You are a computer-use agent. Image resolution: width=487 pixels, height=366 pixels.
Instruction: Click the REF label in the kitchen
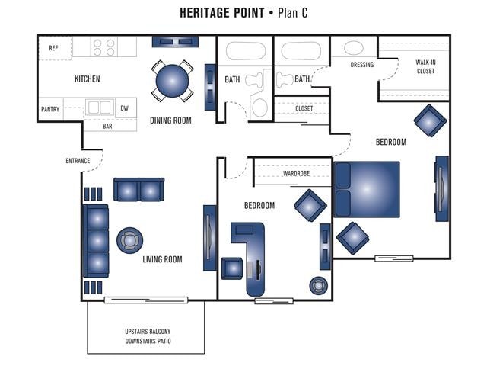53,48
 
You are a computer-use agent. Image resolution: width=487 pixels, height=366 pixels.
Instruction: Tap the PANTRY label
50,109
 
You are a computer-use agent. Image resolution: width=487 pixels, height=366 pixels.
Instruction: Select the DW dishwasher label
124,108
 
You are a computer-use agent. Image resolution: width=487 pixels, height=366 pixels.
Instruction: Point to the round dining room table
172,79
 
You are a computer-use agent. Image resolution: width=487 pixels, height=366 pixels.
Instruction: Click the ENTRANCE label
78,160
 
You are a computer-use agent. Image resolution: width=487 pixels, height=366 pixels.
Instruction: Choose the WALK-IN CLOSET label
425,67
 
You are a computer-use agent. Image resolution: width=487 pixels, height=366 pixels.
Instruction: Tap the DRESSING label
362,65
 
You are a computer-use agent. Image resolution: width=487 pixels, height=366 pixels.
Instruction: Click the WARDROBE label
296,173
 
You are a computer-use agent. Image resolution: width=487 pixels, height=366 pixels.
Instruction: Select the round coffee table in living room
129,241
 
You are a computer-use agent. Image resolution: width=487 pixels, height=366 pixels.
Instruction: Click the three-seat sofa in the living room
96,241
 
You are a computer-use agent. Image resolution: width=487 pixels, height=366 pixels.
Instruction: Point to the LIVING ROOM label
163,259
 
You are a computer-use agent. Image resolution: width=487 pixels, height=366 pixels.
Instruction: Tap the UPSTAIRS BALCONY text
148,331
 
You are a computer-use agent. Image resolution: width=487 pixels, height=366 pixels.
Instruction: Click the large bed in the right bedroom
368,190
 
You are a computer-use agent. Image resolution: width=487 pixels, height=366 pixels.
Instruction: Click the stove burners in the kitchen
104,47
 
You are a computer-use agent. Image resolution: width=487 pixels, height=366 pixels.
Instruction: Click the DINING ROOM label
170,120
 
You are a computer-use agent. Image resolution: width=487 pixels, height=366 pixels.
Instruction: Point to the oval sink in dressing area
354,48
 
